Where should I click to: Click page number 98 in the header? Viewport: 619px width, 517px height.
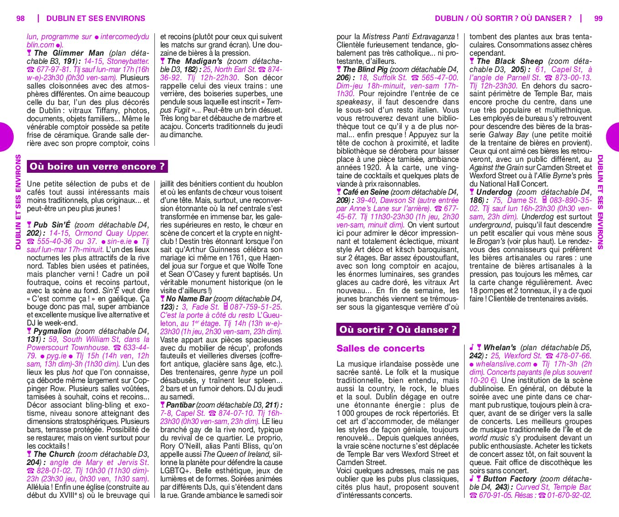click(x=20, y=18)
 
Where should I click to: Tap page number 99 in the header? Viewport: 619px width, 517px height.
click(x=598, y=18)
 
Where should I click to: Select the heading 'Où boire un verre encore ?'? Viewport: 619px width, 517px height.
click(x=97, y=166)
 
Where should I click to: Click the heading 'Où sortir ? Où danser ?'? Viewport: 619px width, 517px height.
click(x=398, y=330)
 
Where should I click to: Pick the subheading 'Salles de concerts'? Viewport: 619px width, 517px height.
click(x=380, y=348)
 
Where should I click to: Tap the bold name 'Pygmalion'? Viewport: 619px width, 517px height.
click(x=52, y=331)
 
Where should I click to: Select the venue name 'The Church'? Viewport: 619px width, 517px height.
click(x=54, y=454)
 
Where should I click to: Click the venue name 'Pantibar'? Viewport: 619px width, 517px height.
click(x=180, y=405)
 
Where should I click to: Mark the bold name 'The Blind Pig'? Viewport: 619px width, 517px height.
click(x=365, y=69)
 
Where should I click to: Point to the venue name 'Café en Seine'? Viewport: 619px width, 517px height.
click(x=366, y=192)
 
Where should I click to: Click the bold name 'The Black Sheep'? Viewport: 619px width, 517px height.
click(x=510, y=61)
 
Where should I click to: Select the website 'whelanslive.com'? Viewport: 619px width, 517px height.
click(x=503, y=364)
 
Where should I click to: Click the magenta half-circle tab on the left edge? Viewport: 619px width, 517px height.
click(x=5, y=137)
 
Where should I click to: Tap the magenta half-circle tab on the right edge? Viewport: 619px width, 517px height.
click(x=613, y=137)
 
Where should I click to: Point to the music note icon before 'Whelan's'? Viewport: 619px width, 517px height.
click(x=472, y=347)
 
